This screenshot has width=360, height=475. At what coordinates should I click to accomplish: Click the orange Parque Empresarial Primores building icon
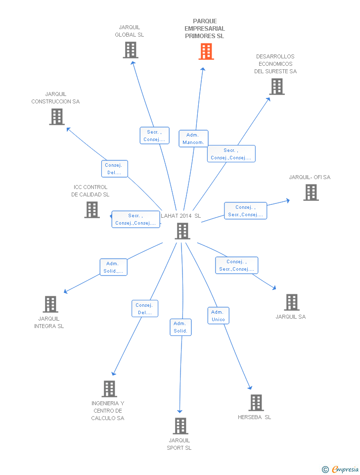point(206,51)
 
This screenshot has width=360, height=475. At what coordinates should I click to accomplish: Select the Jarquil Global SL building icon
point(131,50)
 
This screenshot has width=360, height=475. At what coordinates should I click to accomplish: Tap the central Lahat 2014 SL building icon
point(182,231)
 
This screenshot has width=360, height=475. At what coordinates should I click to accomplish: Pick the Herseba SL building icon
point(256,403)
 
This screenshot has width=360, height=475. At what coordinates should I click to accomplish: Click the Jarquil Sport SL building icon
point(180,426)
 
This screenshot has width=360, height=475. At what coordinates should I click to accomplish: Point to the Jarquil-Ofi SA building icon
point(311,192)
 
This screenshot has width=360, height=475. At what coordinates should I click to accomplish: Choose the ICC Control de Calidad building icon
point(92,210)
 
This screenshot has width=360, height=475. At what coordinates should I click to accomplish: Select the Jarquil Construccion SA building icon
point(57,117)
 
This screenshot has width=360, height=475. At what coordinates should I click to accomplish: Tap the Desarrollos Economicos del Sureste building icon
point(277,87)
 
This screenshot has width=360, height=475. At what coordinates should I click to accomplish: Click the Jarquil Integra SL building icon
point(50,304)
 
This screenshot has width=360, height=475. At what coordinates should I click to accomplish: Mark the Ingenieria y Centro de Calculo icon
point(109,389)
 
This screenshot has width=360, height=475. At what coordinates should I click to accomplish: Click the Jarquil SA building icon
point(292,302)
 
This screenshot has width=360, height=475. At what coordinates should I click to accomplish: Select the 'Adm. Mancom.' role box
point(193,139)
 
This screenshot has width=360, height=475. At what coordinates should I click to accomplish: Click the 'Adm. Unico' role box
point(218,316)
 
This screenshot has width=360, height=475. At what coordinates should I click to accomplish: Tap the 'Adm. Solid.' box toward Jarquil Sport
point(180,327)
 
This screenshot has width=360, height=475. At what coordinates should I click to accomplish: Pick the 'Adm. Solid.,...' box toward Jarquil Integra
point(113,267)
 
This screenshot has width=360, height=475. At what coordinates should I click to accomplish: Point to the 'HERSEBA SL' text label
point(254,417)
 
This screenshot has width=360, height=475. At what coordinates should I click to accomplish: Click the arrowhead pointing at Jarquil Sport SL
point(180,411)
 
